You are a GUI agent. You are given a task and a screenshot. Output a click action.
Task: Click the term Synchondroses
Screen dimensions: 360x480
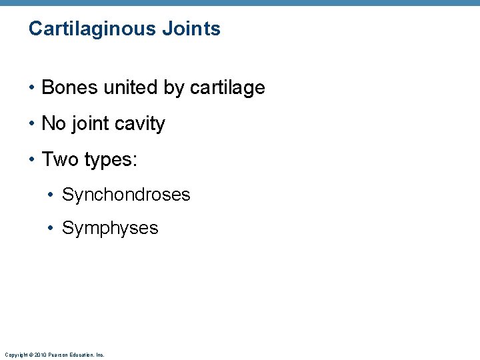coord(126,195)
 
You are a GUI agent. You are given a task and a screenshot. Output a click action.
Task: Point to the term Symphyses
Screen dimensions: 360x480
coord(110,228)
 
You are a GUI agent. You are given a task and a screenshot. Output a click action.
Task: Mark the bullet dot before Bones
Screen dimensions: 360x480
coord(32,88)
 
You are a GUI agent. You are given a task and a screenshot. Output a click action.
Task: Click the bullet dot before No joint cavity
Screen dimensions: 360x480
coord(32,124)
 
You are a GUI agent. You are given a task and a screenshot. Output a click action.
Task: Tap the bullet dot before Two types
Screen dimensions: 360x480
coord(32,160)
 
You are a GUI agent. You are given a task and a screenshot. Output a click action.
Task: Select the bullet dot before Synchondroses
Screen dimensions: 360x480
coord(52,195)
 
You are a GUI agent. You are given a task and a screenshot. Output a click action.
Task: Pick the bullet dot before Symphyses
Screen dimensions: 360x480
coord(52,229)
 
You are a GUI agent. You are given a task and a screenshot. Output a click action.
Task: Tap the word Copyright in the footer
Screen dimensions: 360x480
coord(15,355)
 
